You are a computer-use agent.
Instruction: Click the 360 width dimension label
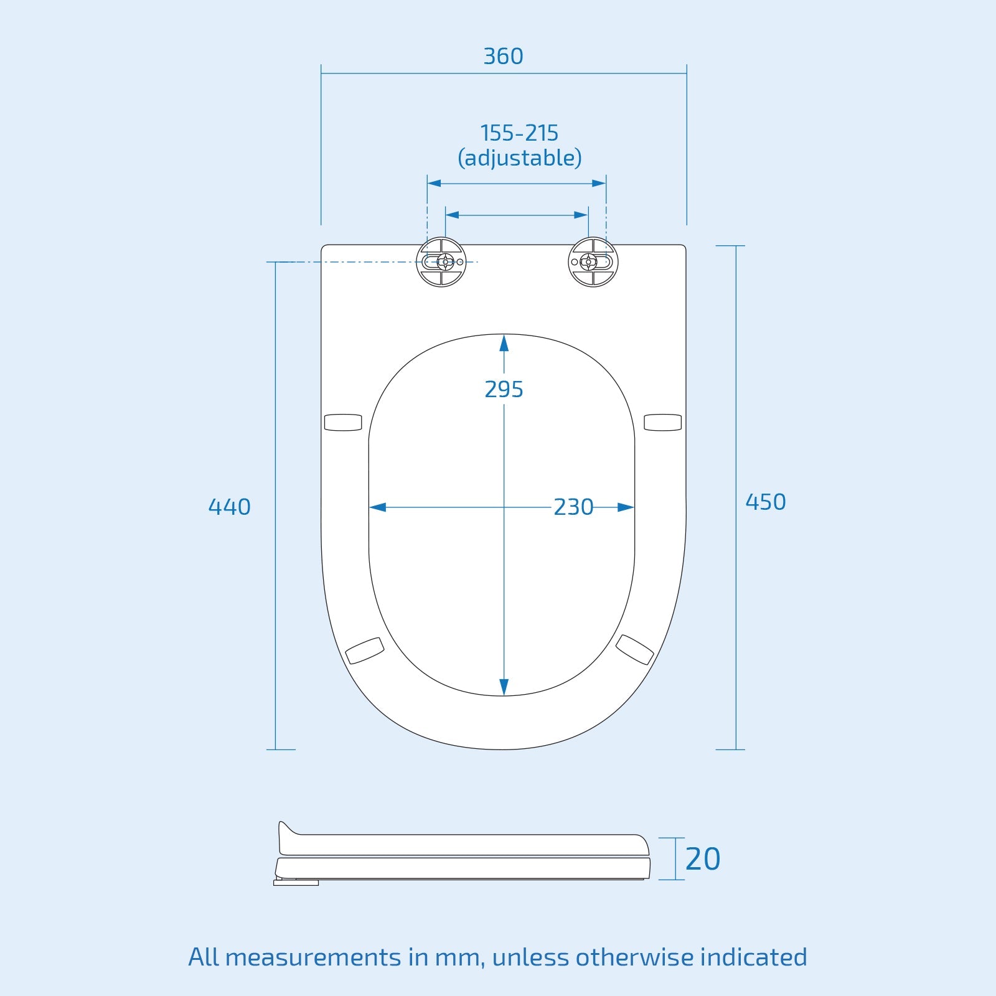[503, 57]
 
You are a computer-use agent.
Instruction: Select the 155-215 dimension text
[519, 133]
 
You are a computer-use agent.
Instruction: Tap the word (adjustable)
[520, 158]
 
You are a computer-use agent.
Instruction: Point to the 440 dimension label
[229, 507]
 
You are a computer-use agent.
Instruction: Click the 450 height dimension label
[766, 502]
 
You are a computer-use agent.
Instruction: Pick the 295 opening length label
[504, 390]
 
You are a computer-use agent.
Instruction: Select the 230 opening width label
[573, 507]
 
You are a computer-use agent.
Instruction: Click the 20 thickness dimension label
[703, 860]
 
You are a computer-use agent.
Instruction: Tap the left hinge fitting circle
[441, 262]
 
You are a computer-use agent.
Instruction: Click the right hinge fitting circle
[593, 262]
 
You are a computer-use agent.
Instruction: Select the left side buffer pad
[343, 422]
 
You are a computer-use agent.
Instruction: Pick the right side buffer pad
[663, 422]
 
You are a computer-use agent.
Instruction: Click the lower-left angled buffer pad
[365, 651]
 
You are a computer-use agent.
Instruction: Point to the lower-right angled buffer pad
[634, 650]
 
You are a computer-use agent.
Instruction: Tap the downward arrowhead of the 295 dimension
[504, 687]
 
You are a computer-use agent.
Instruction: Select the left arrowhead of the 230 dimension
[377, 507]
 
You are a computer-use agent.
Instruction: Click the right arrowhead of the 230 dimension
[626, 507]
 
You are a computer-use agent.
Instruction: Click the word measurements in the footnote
[313, 957]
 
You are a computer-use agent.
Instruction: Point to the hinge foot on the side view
[296, 882]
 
